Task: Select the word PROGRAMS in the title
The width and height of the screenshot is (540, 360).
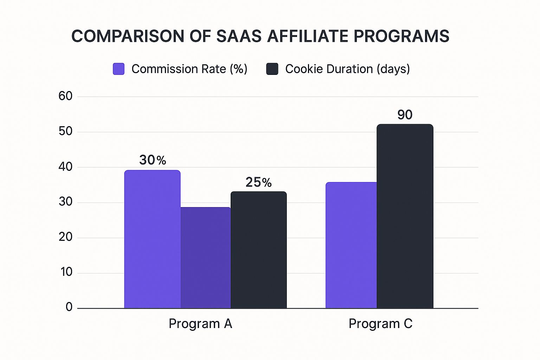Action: [x=401, y=36]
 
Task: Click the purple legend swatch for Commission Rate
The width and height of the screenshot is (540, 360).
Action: [x=118, y=69]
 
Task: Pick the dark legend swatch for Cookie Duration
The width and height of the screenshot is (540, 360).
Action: [x=272, y=69]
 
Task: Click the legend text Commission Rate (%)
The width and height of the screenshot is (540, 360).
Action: [x=189, y=69]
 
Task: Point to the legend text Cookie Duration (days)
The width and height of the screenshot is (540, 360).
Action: [x=347, y=69]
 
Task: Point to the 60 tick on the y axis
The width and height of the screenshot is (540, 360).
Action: [x=65, y=96]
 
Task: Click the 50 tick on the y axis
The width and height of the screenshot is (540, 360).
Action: [x=65, y=131]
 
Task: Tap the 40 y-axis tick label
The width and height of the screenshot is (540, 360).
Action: [x=65, y=167]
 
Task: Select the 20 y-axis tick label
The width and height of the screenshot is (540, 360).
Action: [x=65, y=237]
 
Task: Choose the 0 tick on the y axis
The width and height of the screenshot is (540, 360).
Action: [x=69, y=307]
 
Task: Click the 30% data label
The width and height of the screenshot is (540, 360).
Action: [x=153, y=160]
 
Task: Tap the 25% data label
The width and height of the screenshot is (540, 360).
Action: [x=258, y=182]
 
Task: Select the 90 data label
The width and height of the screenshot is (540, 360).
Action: [x=405, y=115]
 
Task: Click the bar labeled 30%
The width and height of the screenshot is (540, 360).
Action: [x=152, y=239]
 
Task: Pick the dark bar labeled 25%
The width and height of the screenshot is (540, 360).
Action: [x=258, y=250]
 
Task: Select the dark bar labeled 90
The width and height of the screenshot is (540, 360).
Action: [x=405, y=216]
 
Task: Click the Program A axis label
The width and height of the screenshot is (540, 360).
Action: [x=200, y=323]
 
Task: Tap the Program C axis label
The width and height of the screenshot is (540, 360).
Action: [x=380, y=323]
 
